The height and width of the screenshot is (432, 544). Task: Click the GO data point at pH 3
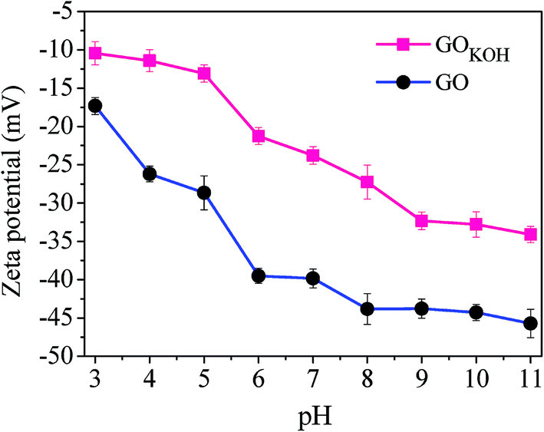point(95,106)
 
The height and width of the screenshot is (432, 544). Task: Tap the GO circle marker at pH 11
point(530,323)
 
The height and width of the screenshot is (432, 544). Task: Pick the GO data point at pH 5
point(204,193)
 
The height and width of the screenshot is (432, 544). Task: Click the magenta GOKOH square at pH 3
point(95,53)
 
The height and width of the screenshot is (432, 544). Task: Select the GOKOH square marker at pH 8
point(368,182)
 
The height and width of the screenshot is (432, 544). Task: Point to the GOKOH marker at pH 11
point(530,235)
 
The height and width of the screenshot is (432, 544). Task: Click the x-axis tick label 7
point(313,378)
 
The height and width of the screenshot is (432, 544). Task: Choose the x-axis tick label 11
point(530,378)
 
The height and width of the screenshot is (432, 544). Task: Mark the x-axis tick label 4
point(150,378)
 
